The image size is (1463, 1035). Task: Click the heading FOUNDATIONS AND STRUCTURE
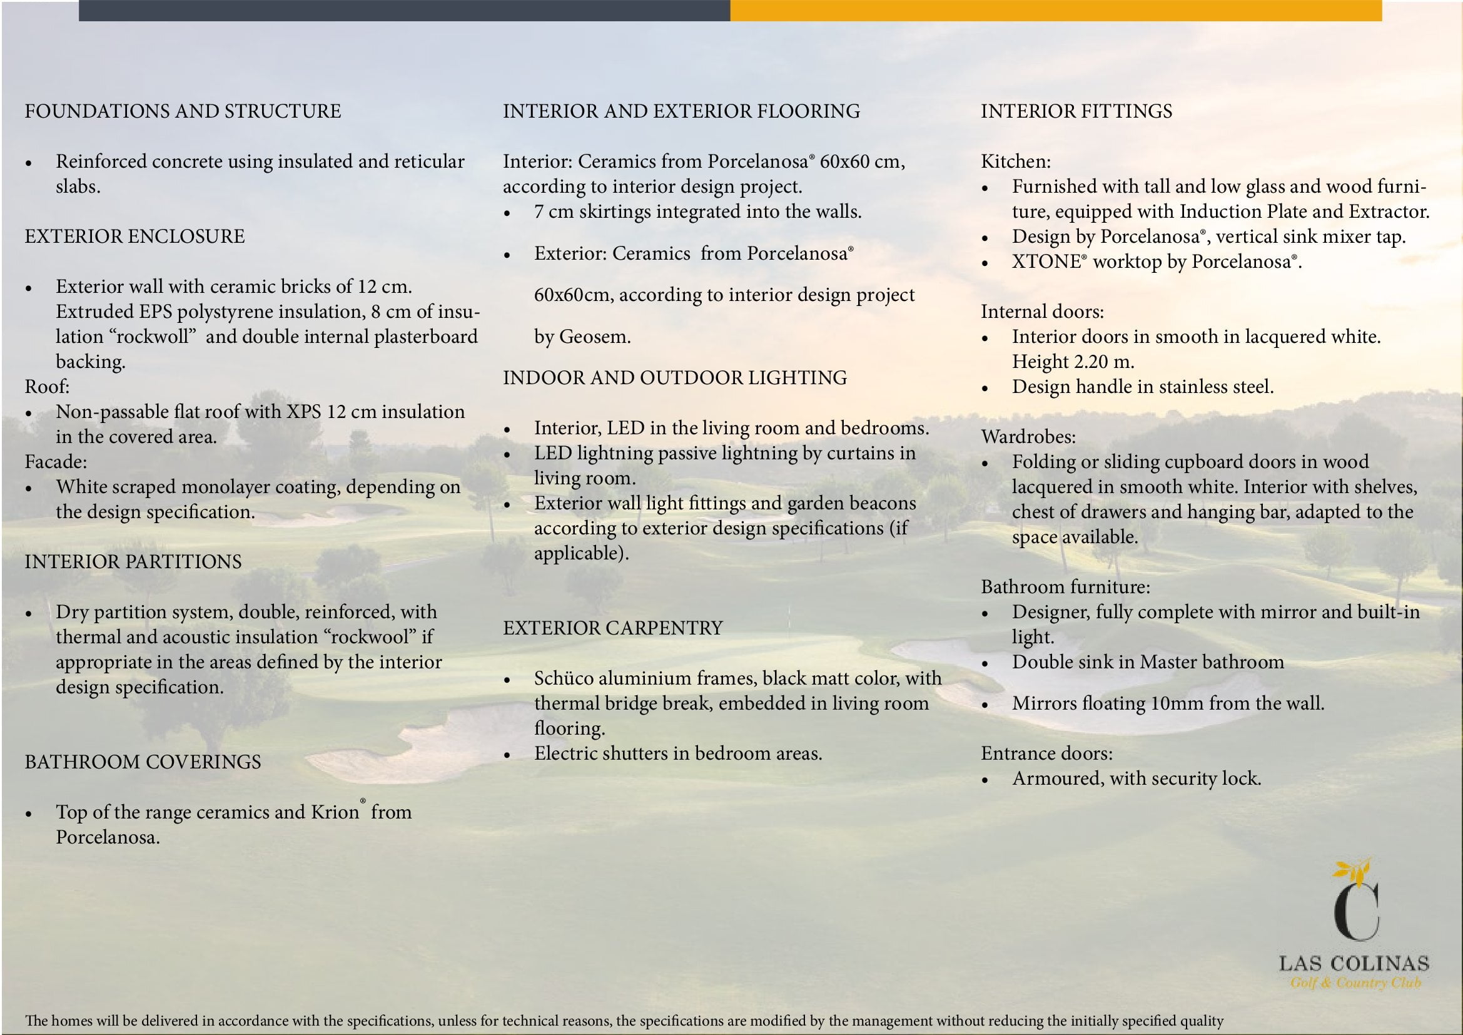click(x=183, y=111)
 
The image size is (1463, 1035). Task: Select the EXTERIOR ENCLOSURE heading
click(x=134, y=237)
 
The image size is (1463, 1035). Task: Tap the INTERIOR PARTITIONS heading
click(x=133, y=561)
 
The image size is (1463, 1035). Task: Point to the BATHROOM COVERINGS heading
click(x=143, y=762)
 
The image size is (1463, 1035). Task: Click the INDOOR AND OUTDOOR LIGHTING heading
click(x=675, y=378)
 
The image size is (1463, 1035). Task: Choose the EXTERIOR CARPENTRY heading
click(x=613, y=628)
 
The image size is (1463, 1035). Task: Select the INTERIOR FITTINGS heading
click(x=1076, y=111)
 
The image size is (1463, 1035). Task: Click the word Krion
click(x=335, y=812)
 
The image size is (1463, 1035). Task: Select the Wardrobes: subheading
click(x=1028, y=437)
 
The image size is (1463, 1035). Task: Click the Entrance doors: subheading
click(x=1047, y=753)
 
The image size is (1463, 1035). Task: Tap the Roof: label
click(x=47, y=387)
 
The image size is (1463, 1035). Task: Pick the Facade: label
click(x=56, y=461)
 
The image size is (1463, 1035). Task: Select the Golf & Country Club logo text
click(x=1356, y=982)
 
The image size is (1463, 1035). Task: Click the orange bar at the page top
click(x=1055, y=10)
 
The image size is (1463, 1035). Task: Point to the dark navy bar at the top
click(x=404, y=10)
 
